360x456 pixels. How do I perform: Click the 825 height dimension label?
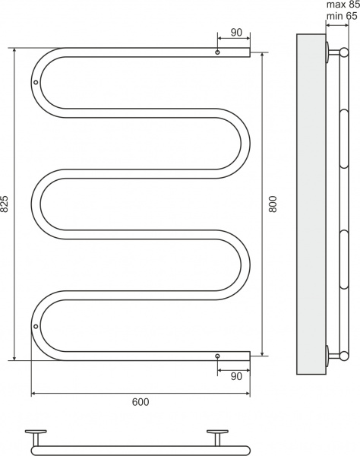[x=5, y=204]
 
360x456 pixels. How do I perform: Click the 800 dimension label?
[x=273, y=204]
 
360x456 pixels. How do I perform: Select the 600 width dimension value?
[x=141, y=401]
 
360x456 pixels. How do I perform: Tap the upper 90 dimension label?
[x=236, y=33]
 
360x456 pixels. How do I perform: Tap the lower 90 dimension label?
[x=236, y=376]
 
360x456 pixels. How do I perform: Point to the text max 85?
[x=343, y=5]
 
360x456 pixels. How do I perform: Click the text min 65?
[x=342, y=16]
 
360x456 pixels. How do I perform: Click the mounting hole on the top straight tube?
[x=217, y=52]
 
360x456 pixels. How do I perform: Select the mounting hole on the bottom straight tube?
[x=217, y=356]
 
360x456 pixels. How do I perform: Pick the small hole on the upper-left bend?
[x=36, y=82]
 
